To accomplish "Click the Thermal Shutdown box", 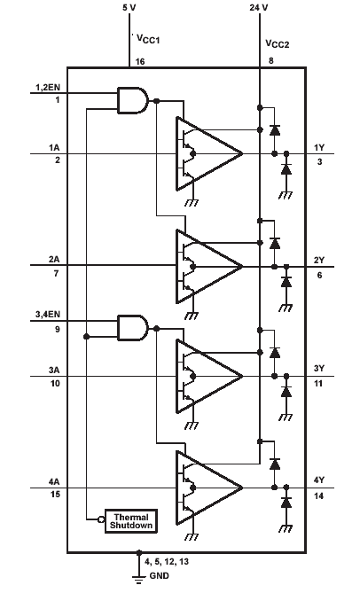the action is pos(131,521).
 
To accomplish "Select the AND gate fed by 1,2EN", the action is pos(132,100).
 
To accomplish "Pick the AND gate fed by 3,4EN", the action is pos(132,327).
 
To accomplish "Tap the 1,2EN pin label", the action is pos(48,88).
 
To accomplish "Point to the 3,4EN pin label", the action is pos(48,315).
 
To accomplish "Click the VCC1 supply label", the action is pos(148,39).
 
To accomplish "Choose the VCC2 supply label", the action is pos(277,43).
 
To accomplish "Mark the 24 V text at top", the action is pos(259,7).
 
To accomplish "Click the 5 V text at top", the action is pos(129,7).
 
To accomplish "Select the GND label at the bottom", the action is pos(160,576).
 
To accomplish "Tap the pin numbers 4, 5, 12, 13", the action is pos(167,562).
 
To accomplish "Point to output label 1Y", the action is pos(319,147).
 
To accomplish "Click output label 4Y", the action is pos(319,480).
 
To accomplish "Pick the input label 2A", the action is pos(54,260).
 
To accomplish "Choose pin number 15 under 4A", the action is pos(55,494).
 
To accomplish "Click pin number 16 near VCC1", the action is pos(140,61).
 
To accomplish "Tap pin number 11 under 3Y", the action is pos(319,384).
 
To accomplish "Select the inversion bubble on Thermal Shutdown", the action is pos(101,519).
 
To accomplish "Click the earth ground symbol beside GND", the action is pos(139,578).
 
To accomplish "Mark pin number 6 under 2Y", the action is pos(319,276).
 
